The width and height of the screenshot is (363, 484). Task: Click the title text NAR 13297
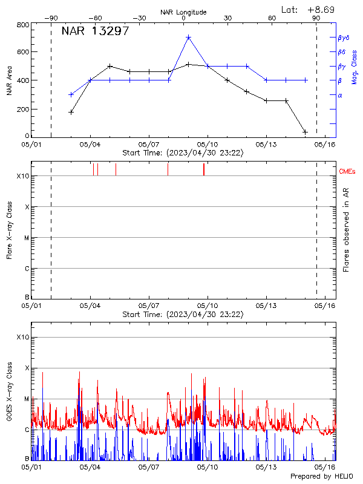(x=95, y=31)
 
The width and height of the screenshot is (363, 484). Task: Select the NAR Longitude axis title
(x=183, y=12)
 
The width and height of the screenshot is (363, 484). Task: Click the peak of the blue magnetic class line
(x=188, y=37)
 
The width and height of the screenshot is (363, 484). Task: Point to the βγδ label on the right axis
(x=344, y=38)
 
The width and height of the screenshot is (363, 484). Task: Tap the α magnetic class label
(x=340, y=95)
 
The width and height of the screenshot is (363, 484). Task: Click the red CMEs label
(x=348, y=172)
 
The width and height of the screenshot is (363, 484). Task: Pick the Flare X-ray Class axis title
(x=10, y=231)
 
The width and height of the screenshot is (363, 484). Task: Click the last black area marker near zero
(x=306, y=132)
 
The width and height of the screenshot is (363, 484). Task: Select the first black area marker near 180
(x=71, y=112)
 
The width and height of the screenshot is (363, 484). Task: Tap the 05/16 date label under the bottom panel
(x=325, y=467)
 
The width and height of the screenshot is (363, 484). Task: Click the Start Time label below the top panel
(x=183, y=153)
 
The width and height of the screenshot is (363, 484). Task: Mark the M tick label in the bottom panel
(x=25, y=399)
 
